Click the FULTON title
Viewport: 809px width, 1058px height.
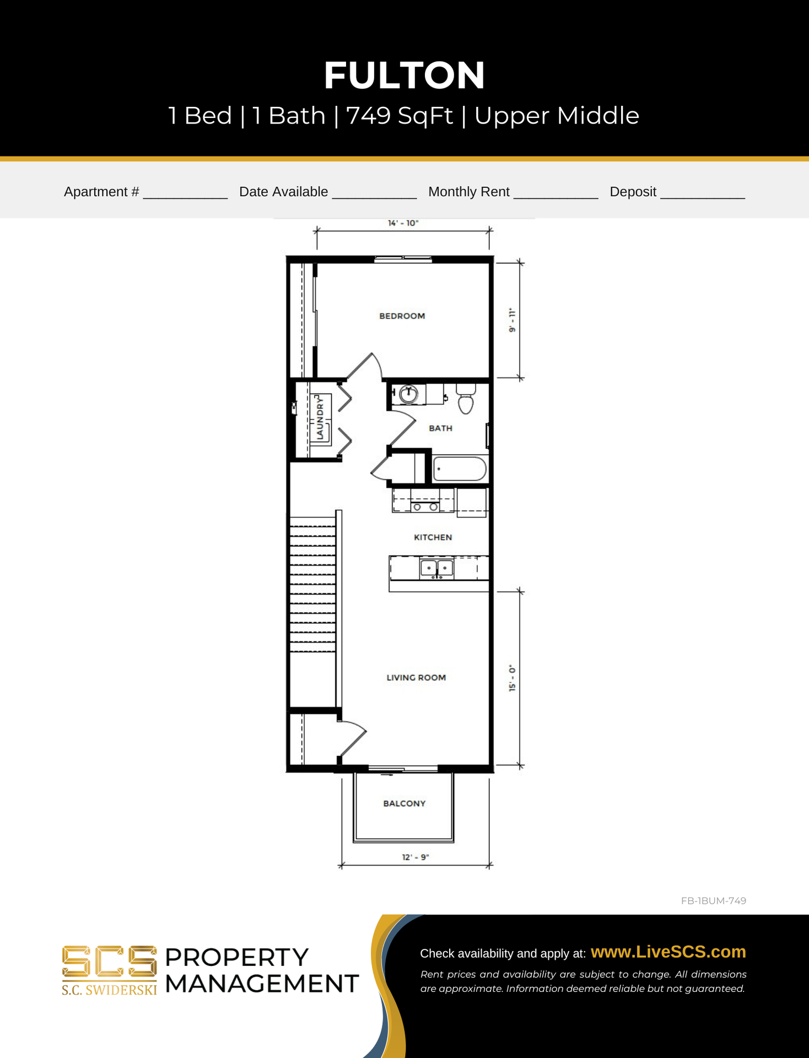pyautogui.click(x=404, y=75)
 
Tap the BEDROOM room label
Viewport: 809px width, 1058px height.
pyautogui.click(x=402, y=316)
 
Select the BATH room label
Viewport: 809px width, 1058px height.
pyautogui.click(x=440, y=428)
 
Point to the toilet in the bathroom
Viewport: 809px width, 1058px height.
pyautogui.click(x=466, y=398)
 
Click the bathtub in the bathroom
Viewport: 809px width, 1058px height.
pyautogui.click(x=460, y=469)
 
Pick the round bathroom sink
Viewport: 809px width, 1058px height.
pyautogui.click(x=408, y=394)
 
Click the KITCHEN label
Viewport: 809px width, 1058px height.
pyautogui.click(x=433, y=537)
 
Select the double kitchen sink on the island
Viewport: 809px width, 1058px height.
pyautogui.click(x=436, y=568)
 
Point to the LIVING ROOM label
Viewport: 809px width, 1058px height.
pyautogui.click(x=416, y=677)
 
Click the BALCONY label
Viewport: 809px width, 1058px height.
pyautogui.click(x=404, y=803)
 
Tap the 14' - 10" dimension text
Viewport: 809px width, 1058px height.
pyautogui.click(x=403, y=223)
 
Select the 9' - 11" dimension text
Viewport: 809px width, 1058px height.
pyautogui.click(x=513, y=320)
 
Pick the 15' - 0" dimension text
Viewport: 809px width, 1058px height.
pyautogui.click(x=513, y=678)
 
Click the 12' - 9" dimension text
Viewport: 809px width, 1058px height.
pyautogui.click(x=416, y=857)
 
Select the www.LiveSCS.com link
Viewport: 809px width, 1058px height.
pyautogui.click(x=668, y=952)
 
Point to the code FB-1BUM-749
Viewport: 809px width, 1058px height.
pyautogui.click(x=714, y=900)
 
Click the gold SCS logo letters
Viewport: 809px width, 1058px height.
pyautogui.click(x=109, y=962)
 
